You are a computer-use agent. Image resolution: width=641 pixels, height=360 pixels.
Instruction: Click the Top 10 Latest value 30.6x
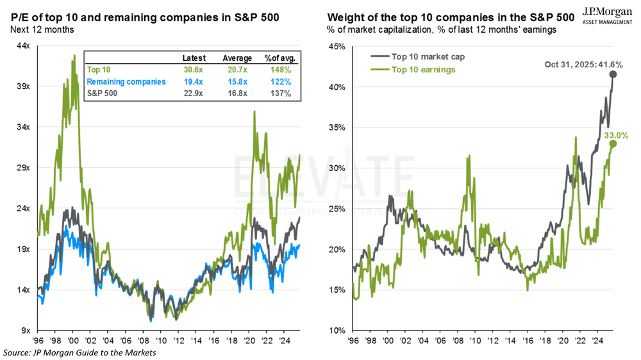[194, 70]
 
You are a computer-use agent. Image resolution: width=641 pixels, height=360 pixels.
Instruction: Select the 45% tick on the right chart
[338, 46]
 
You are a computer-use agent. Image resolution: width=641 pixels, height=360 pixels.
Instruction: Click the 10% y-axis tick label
[338, 331]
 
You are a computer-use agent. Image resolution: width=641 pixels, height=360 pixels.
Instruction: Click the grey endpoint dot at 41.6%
[613, 74]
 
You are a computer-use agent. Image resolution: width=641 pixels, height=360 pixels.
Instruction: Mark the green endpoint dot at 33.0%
[613, 143]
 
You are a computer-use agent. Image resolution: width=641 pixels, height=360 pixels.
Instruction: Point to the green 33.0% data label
[615, 135]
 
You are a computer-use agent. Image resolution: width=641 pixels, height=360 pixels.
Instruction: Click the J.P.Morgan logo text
[605, 12]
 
